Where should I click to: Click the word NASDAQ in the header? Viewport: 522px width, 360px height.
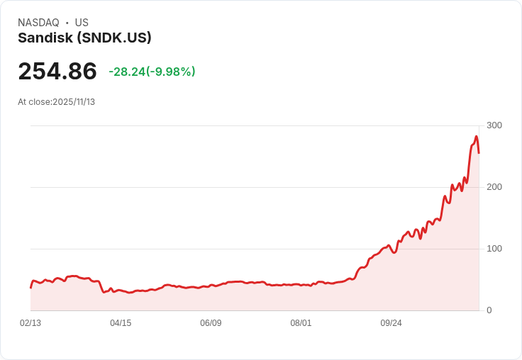click(38, 23)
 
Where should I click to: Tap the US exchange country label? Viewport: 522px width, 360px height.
click(82, 23)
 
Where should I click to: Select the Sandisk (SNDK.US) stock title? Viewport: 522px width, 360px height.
click(84, 38)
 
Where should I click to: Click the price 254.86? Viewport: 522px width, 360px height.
click(57, 72)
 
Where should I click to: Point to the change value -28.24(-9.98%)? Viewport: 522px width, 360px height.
click(152, 72)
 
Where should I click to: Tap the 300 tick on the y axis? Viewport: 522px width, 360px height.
click(494, 125)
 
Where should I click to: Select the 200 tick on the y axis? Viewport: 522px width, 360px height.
click(494, 187)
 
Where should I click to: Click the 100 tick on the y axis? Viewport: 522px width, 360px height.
click(494, 249)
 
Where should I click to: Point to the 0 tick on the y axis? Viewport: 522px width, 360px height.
click(489, 310)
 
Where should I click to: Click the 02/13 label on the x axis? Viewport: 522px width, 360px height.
click(30, 323)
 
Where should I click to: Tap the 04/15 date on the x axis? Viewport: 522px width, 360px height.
click(121, 323)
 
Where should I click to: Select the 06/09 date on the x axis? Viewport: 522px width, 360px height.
click(211, 323)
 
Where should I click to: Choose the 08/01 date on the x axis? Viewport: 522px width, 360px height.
click(301, 323)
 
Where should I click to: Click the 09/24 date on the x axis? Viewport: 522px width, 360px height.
click(391, 323)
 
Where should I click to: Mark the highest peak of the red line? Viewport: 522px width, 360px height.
click(477, 136)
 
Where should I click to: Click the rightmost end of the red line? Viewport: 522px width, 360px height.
click(479, 153)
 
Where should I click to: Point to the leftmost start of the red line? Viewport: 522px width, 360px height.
click(30, 287)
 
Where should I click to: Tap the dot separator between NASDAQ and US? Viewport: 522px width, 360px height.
click(67, 23)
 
